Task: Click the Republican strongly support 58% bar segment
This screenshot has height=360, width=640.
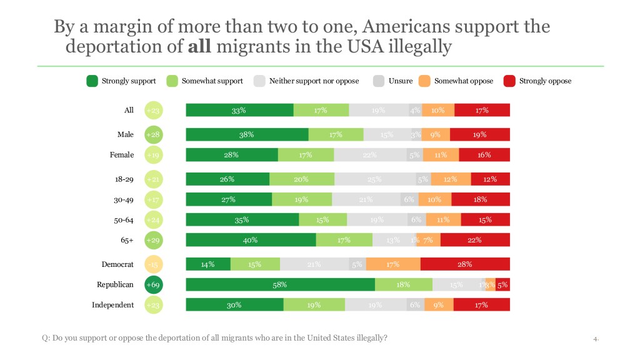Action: [x=280, y=284]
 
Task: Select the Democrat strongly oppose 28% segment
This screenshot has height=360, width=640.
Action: [x=465, y=264]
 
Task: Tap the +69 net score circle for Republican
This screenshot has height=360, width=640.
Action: [x=153, y=284]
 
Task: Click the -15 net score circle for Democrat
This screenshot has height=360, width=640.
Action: [x=153, y=264]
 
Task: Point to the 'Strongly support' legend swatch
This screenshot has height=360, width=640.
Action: [x=92, y=81]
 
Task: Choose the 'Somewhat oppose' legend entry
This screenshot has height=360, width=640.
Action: [x=463, y=81]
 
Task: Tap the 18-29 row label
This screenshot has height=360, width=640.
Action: [x=124, y=179]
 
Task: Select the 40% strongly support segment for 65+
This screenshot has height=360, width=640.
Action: [x=251, y=239]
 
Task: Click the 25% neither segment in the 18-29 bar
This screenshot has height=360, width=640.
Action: [x=375, y=179]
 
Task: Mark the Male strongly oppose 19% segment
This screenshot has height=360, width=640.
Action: [x=479, y=134]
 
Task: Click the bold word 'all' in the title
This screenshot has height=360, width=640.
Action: [x=199, y=47]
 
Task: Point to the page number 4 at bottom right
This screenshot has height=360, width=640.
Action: [x=596, y=339]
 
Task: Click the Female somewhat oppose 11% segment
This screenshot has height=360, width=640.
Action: [x=441, y=155]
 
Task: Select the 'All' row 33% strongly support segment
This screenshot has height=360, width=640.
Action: [x=239, y=110]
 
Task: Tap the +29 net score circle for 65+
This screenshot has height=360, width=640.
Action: [x=153, y=239]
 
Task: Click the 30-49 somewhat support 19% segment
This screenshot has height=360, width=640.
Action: [x=302, y=199]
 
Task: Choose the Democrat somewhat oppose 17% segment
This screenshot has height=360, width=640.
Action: [x=393, y=264]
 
